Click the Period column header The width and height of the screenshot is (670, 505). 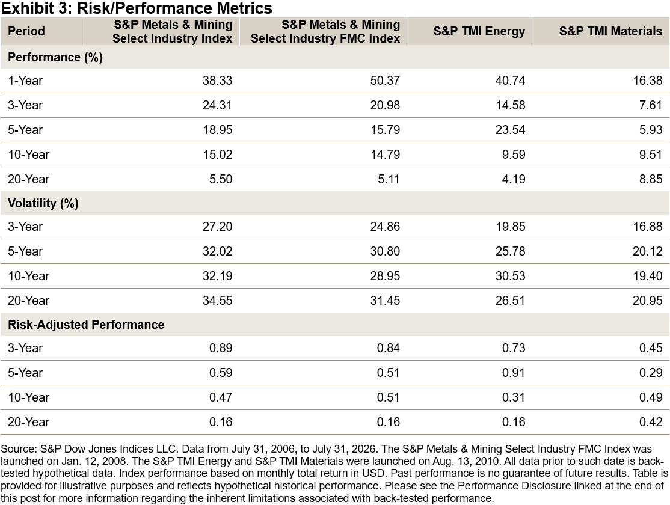click(26, 31)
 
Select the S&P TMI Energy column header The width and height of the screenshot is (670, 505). click(479, 31)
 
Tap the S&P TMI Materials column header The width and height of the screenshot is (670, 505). click(610, 31)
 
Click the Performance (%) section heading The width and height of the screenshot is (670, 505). click(55, 57)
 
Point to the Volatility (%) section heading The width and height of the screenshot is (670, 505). click(43, 203)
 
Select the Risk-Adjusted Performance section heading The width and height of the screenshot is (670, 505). click(86, 325)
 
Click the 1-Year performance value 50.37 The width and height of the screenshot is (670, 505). click(385, 81)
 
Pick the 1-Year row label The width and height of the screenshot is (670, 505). click(25, 81)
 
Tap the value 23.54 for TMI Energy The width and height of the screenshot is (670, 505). click(510, 130)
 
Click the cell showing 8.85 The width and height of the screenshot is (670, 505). click(651, 179)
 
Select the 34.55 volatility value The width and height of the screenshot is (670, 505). click(218, 301)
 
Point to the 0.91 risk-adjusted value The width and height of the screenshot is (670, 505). click(514, 373)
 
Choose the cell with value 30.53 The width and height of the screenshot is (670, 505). click(510, 276)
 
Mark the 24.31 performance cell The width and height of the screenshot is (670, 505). click(218, 105)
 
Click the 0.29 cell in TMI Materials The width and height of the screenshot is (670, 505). click(651, 373)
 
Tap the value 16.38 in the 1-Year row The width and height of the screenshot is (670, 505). click(648, 81)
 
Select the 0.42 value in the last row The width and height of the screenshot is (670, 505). click(651, 422)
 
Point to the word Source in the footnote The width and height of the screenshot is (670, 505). click(19, 449)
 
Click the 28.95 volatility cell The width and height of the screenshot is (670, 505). click(385, 276)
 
